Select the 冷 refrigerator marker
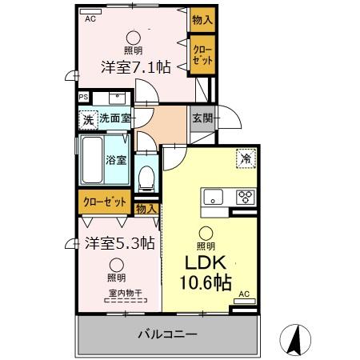click(x=246, y=158)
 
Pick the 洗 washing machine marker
click(x=87, y=119)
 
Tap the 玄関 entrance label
click(x=202, y=118)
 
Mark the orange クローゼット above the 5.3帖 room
click(x=104, y=202)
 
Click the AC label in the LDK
click(x=246, y=294)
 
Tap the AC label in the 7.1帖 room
click(x=90, y=17)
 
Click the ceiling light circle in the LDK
click(x=205, y=233)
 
